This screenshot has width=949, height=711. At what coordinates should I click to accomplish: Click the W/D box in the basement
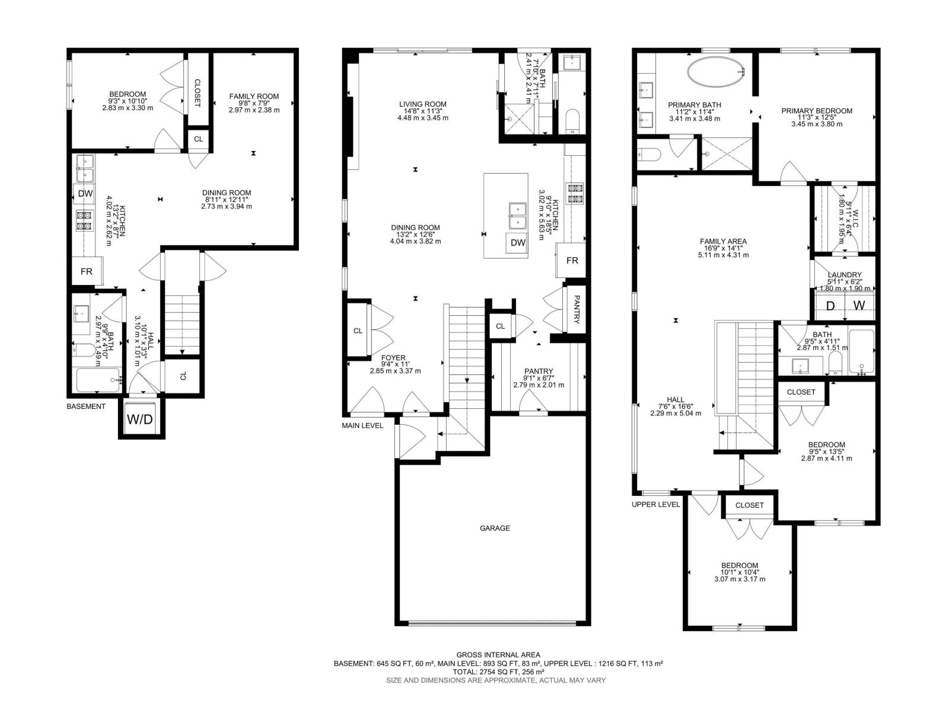click(x=140, y=419)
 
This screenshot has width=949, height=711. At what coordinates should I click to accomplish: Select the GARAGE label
click(x=495, y=528)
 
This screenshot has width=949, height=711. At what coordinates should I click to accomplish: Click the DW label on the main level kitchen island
click(x=518, y=243)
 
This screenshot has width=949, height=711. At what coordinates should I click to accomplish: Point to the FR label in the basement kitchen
click(x=87, y=272)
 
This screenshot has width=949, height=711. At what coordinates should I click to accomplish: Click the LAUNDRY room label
click(x=845, y=275)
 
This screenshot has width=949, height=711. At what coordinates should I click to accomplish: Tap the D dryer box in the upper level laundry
click(x=830, y=306)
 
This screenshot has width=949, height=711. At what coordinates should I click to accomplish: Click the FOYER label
click(x=393, y=358)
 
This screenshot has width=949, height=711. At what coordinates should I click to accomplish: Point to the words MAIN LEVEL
click(x=362, y=425)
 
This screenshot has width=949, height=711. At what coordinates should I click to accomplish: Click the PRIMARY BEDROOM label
click(x=817, y=111)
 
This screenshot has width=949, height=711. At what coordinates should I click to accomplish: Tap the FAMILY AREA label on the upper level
click(x=723, y=241)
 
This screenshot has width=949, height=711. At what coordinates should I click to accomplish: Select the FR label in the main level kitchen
click(x=572, y=261)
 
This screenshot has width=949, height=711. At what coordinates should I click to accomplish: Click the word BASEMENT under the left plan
click(x=86, y=406)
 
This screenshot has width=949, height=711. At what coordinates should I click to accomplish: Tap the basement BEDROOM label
click(x=128, y=94)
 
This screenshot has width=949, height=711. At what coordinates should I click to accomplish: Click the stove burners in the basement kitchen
click(x=84, y=220)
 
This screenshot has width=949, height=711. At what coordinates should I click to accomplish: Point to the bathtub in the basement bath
click(x=98, y=380)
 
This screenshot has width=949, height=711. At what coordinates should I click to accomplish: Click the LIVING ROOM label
click(x=422, y=104)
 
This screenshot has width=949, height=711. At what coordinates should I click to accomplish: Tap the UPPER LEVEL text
click(x=656, y=504)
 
